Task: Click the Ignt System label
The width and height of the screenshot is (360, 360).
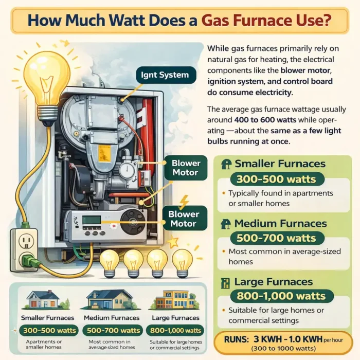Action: click(165, 75)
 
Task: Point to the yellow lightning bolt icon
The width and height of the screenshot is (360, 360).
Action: click(184, 201)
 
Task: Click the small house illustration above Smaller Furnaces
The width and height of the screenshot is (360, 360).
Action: click(42, 299)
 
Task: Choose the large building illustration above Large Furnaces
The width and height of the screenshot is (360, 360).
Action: click(173, 299)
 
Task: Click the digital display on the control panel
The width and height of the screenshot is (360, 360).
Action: click(91, 220)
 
